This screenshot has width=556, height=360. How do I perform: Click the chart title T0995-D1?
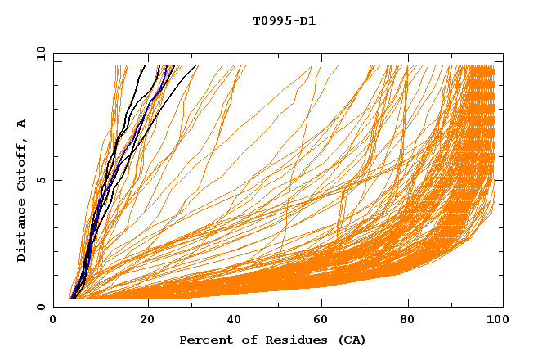click(284, 20)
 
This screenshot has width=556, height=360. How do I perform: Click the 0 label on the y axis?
click(42, 307)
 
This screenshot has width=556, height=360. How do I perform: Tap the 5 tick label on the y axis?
click(42, 180)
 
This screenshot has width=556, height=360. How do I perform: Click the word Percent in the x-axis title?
click(204, 340)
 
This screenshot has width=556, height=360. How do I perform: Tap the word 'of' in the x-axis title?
click(242, 340)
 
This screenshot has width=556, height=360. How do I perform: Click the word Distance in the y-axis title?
click(21, 230)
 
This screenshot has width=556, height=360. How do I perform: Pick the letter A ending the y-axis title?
click(21, 123)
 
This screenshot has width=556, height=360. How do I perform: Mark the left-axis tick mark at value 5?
click(56, 180)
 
